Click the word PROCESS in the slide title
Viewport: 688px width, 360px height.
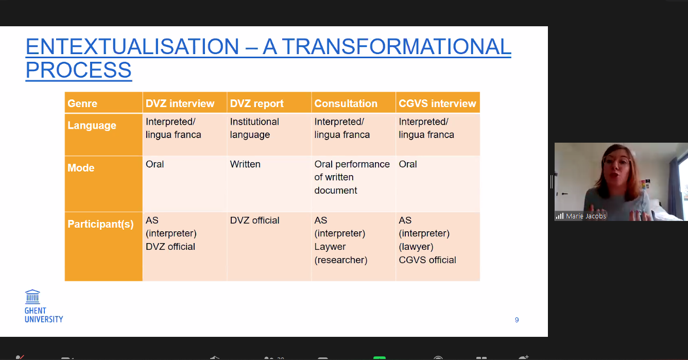click(x=79, y=70)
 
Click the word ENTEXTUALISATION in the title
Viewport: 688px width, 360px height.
click(x=132, y=47)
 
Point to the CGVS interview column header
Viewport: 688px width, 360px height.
click(x=437, y=104)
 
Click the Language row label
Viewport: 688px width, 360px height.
click(x=92, y=126)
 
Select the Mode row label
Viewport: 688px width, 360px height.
click(x=81, y=168)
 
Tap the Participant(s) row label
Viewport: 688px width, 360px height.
click(x=100, y=224)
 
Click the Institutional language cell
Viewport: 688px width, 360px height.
click(x=254, y=128)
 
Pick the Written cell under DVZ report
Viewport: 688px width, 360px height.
click(x=245, y=164)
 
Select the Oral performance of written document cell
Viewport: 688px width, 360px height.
click(x=352, y=177)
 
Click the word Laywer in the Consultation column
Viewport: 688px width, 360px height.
click(x=330, y=247)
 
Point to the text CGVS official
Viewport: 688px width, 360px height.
click(x=427, y=260)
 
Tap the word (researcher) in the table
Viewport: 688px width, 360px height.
click(x=341, y=260)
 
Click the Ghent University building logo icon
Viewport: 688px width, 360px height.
click(x=32, y=297)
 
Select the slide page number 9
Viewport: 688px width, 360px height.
click(x=517, y=320)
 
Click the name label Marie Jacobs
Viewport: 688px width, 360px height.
click(x=586, y=216)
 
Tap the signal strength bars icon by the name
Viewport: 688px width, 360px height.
click(x=560, y=216)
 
